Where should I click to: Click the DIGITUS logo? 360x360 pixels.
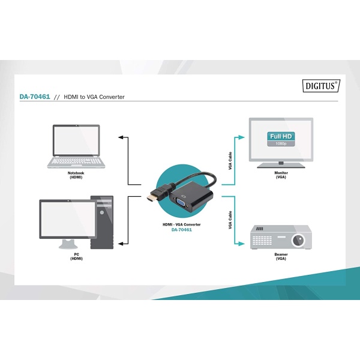[x=321, y=86]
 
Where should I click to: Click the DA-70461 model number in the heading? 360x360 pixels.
[x=35, y=97]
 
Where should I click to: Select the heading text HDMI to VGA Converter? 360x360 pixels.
[x=94, y=97]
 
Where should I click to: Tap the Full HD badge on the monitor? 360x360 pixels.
[x=281, y=139]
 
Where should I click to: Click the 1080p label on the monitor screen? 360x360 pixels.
[x=281, y=144]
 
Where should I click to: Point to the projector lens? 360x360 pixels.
[x=298, y=240]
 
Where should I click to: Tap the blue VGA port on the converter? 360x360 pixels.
[x=182, y=203]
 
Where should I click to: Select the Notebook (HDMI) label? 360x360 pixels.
[x=76, y=175]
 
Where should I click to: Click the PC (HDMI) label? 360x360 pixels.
[x=76, y=256]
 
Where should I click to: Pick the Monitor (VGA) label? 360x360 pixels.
[x=281, y=175]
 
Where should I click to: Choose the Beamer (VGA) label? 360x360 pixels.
[x=281, y=256]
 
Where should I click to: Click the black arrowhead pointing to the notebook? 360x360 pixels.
[x=121, y=137]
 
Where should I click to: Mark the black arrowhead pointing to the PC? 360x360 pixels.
[x=121, y=244]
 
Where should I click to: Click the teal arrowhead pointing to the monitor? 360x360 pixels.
[x=242, y=137]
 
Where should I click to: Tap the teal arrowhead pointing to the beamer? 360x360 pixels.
[x=242, y=244]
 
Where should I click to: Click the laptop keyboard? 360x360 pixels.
[x=76, y=161]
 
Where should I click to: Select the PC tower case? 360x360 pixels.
[x=102, y=222]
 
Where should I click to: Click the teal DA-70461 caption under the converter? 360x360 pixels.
[x=182, y=230]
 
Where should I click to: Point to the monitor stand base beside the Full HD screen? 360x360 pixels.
[x=281, y=166]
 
